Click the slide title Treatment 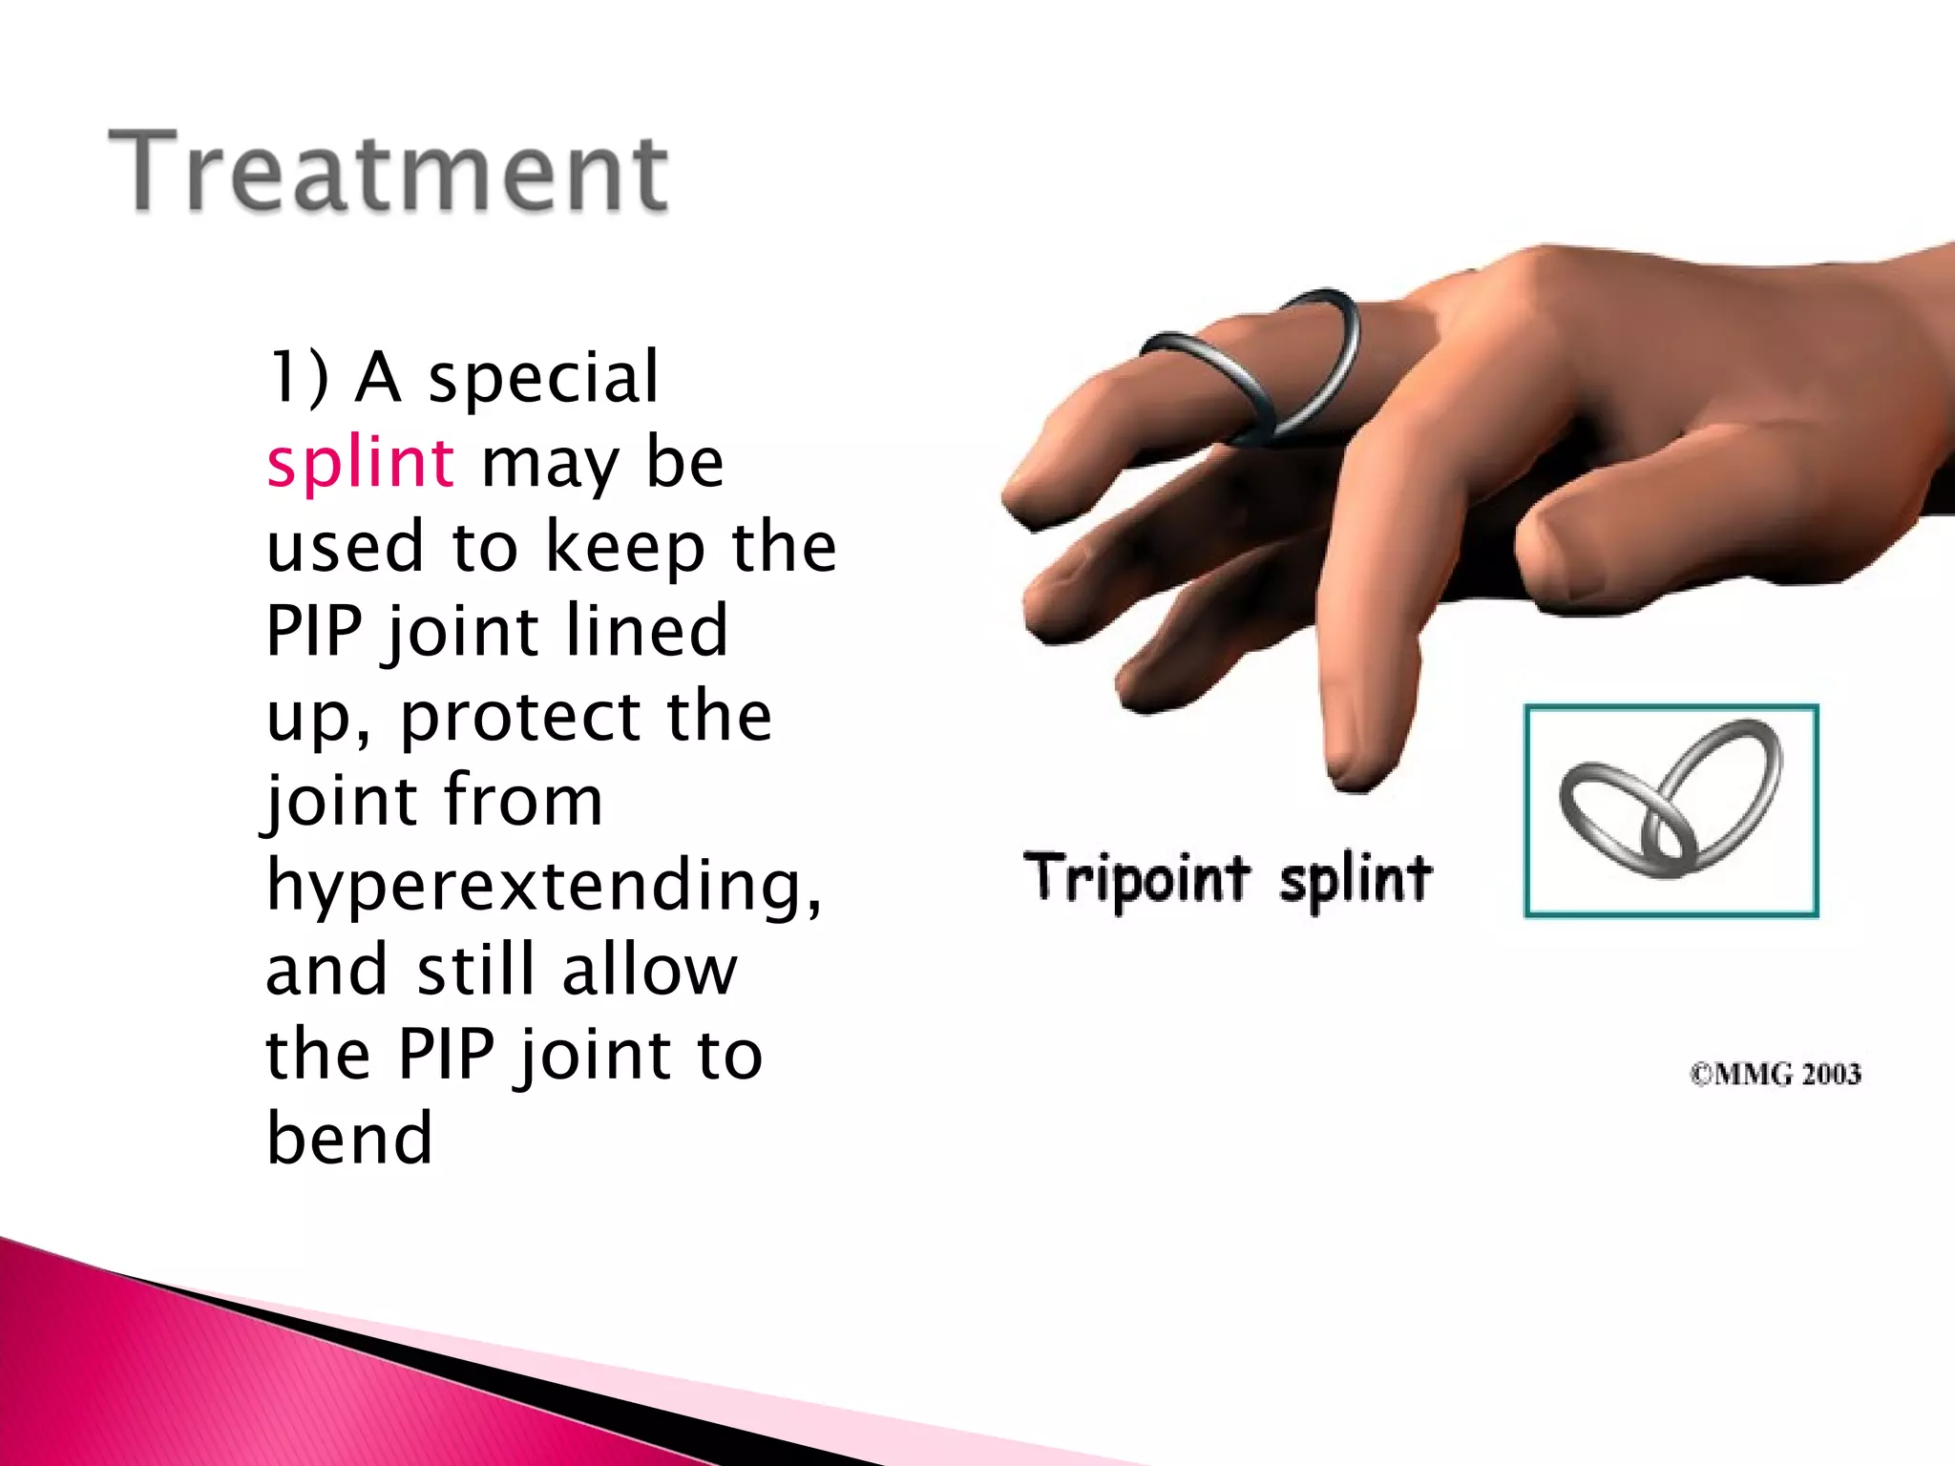click(389, 172)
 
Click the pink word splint click(360, 463)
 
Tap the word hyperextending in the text click(542, 886)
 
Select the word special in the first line click(543, 378)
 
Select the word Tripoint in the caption click(1136, 878)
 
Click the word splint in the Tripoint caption click(1356, 878)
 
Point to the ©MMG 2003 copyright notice click(1776, 1075)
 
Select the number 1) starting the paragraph click(298, 378)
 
